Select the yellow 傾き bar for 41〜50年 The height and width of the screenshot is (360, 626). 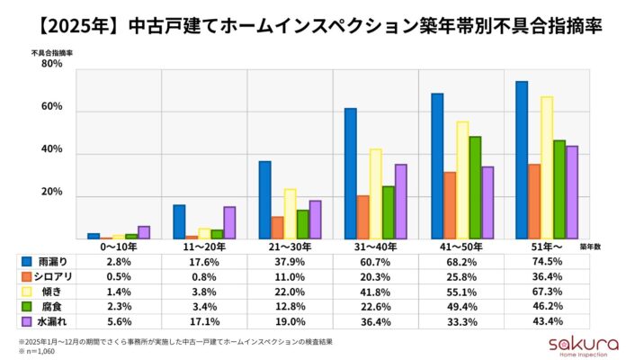point(462,180)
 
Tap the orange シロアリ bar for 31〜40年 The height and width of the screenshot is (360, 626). point(362,217)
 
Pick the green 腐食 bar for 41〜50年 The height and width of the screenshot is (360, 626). point(475,187)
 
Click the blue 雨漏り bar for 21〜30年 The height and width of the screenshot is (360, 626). point(264,200)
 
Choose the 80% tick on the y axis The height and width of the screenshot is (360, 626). point(50,65)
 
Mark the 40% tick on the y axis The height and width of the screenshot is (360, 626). point(50,151)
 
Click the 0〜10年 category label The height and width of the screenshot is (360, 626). point(119,246)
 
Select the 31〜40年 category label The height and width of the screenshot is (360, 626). point(376,246)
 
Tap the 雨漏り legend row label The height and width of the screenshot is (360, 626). point(52,261)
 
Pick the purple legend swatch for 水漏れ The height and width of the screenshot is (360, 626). point(26,321)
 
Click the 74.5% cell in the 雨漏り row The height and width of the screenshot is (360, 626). point(549,261)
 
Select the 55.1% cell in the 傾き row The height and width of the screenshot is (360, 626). point(462,291)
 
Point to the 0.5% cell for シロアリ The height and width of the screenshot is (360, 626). point(119,275)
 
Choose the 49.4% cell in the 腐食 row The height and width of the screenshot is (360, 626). point(462,306)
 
